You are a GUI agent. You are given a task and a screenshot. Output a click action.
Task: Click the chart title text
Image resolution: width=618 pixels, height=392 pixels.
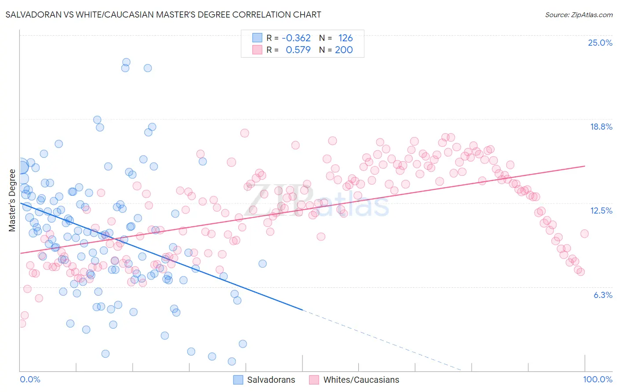coord(163,15)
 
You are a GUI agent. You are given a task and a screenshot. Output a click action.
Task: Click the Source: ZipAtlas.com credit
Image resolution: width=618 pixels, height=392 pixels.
coord(578,15)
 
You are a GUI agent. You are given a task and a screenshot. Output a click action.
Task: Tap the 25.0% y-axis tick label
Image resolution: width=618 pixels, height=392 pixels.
coord(600,43)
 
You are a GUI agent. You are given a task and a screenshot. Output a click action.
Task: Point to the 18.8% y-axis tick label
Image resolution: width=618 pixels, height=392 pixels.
coord(601,127)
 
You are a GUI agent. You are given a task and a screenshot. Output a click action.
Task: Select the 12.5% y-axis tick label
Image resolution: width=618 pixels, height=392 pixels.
coord(601,211)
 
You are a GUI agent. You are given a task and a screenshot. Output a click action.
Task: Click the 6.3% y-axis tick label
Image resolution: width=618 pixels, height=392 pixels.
coord(603,295)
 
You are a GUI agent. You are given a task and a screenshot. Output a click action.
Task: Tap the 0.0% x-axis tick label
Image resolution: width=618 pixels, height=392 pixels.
coord(30,379)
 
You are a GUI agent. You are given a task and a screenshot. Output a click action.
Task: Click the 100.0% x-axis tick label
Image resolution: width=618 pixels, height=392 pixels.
coord(597,379)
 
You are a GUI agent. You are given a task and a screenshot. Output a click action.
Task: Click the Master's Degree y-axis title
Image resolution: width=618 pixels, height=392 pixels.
coord(12,200)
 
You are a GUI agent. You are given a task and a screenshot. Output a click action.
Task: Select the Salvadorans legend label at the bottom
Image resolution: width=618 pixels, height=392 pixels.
coord(271,380)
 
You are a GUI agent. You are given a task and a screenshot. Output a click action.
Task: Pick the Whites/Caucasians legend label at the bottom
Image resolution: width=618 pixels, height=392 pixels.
coord(361,380)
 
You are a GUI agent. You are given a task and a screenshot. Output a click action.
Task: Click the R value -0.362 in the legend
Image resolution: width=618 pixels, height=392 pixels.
coord(296,38)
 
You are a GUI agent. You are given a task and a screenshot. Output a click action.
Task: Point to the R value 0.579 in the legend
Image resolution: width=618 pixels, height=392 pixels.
coord(298,50)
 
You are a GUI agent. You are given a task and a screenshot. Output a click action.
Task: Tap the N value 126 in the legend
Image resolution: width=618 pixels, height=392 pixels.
coord(345,38)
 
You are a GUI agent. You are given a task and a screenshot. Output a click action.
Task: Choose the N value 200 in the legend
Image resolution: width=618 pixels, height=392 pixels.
coord(344,50)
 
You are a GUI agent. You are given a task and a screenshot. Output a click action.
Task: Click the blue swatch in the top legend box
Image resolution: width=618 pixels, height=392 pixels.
coord(257,38)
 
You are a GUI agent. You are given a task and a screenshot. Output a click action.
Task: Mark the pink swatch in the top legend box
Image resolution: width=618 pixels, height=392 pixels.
coord(257,50)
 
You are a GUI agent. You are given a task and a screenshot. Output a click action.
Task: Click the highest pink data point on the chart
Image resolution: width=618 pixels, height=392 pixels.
coord(244,133)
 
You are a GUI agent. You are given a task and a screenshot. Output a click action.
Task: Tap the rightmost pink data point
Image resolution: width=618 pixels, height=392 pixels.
coord(584,234)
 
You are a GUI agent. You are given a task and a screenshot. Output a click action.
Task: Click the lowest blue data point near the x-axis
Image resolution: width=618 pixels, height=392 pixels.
coord(232,361)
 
